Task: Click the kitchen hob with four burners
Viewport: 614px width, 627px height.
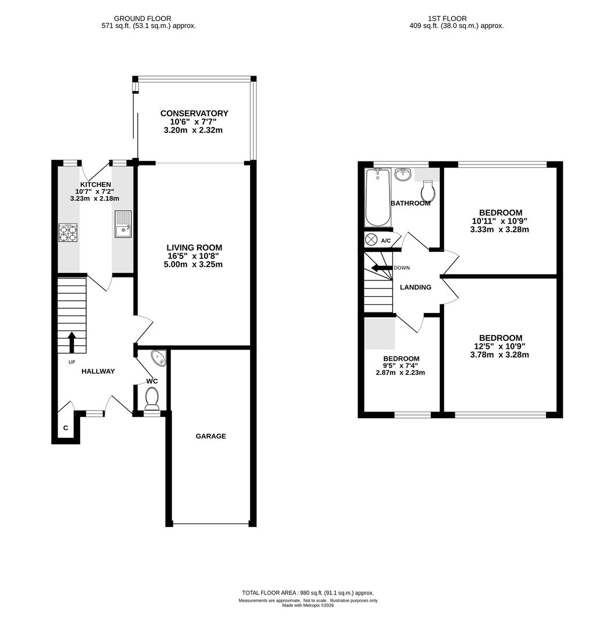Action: click(68, 233)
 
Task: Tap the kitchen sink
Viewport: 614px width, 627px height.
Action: click(123, 224)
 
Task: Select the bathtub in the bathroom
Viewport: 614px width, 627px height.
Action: click(378, 197)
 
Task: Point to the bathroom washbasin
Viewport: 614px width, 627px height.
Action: click(403, 174)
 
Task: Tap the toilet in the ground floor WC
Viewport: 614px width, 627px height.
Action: click(152, 399)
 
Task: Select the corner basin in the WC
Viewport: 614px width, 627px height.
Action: click(159, 358)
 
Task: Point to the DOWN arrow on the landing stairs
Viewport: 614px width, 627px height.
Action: click(381, 268)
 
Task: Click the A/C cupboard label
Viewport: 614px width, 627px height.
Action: click(385, 241)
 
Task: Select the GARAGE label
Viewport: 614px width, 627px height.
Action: click(210, 436)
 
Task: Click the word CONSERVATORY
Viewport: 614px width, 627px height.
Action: click(194, 113)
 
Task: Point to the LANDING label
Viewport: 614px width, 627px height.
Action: click(416, 287)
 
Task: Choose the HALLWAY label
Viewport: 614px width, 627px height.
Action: click(98, 371)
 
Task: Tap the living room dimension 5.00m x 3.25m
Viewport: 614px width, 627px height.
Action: click(193, 264)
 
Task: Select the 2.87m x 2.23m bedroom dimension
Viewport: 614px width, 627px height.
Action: click(401, 373)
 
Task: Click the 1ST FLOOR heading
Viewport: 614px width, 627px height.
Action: click(447, 19)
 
